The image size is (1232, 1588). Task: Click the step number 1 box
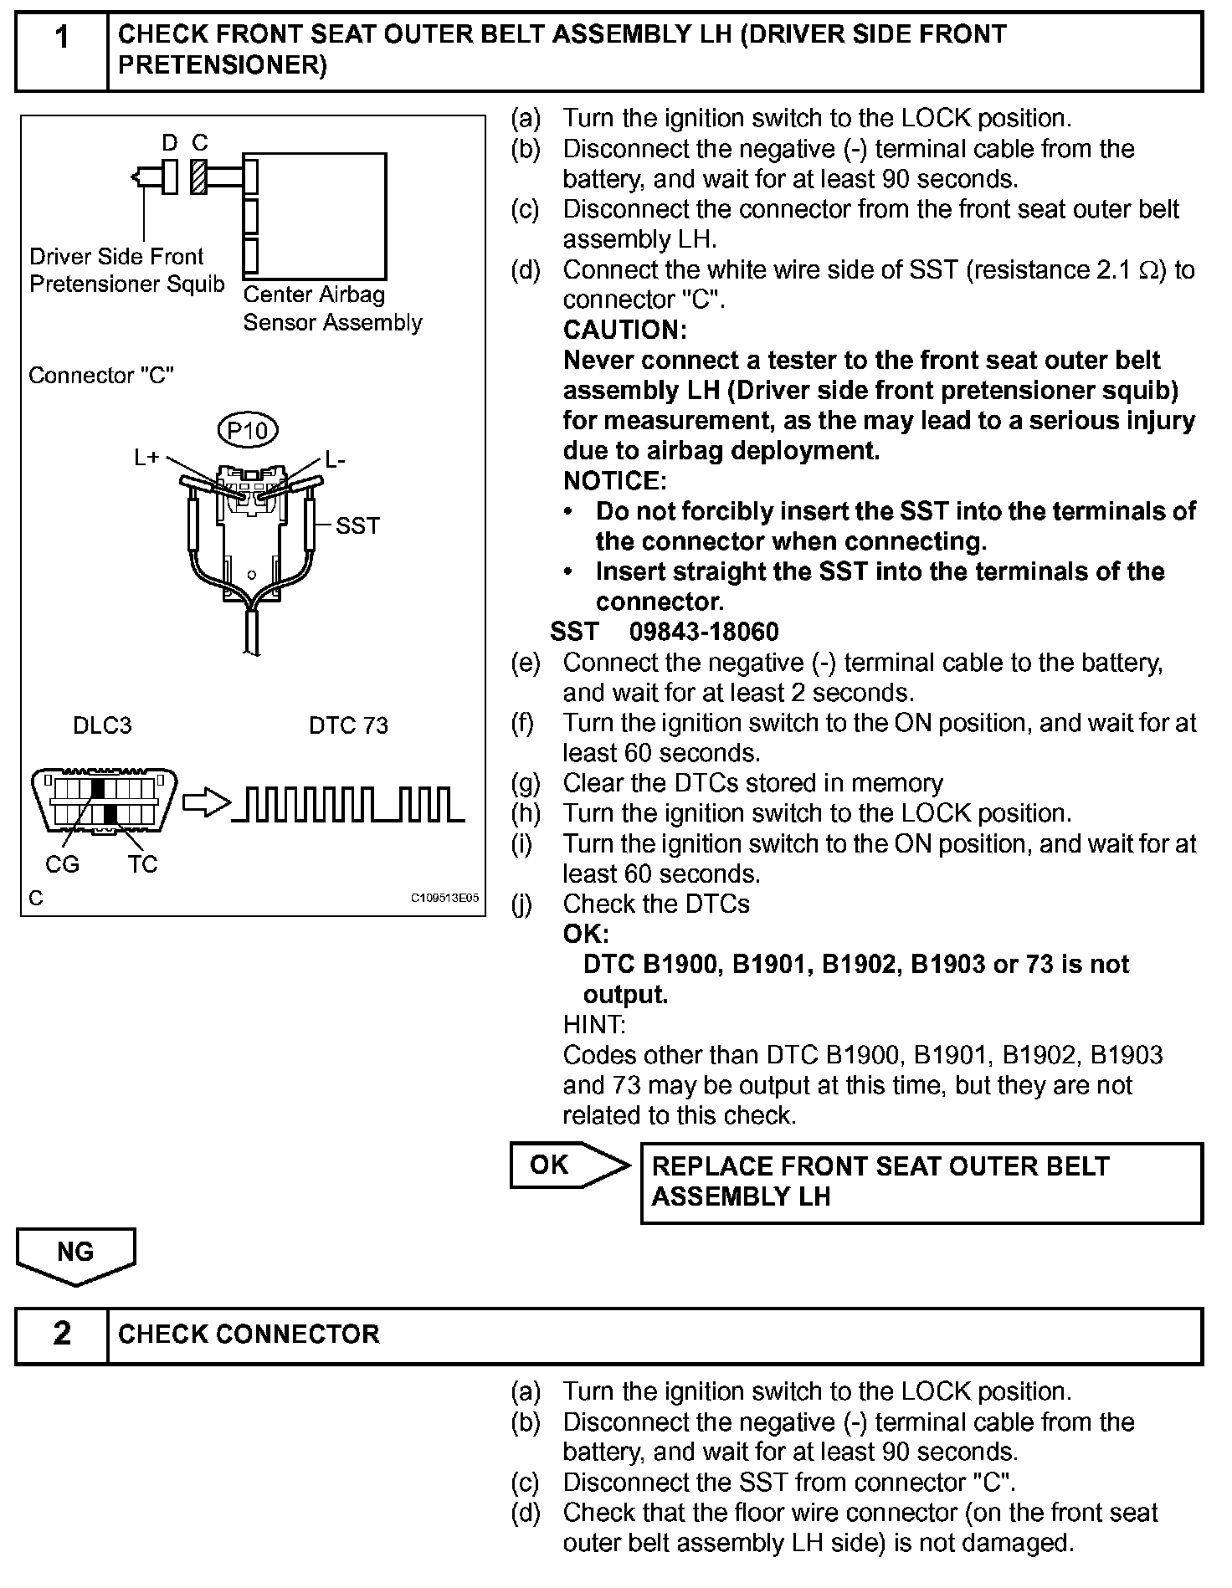[62, 50]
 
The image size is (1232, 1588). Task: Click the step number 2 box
[62, 1334]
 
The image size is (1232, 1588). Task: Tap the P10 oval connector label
[248, 430]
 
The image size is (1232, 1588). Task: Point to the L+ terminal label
[146, 458]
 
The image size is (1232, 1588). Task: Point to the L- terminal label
[335, 459]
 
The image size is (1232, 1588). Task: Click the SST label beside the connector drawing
[357, 525]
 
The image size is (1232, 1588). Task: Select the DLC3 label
[102, 725]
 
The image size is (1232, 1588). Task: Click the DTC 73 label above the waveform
[348, 725]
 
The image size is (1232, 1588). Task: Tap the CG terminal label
[62, 864]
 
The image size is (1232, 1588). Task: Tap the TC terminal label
[143, 864]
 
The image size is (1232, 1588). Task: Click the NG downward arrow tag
[75, 1255]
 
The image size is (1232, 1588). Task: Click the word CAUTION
[624, 330]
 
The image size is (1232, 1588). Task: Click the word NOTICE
[614, 481]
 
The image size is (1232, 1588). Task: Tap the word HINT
[594, 1025]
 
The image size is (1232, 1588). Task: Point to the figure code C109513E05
[444, 899]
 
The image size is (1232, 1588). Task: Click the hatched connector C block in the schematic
[198, 176]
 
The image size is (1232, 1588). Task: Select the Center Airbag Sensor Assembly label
[332, 309]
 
